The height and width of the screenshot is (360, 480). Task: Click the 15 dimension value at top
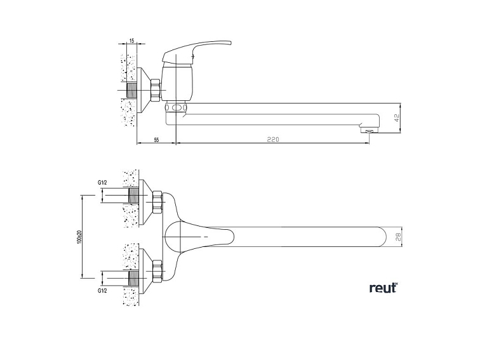point(131,41)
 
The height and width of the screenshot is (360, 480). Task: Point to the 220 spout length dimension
point(272,139)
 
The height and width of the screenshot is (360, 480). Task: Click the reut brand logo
point(383,288)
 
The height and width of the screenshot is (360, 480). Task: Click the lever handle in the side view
point(197,49)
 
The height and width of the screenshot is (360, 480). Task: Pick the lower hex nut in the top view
point(157,271)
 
